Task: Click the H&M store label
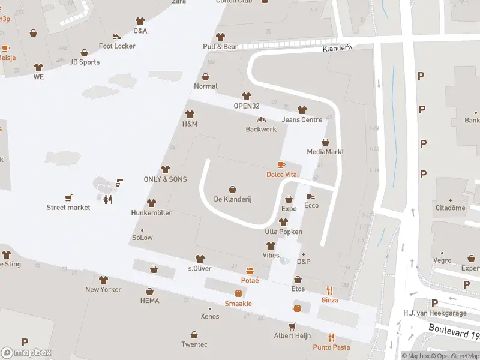190,124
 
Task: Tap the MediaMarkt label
325,152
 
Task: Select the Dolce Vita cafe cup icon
281,164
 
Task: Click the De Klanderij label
232,199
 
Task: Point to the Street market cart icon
68,198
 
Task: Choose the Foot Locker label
117,46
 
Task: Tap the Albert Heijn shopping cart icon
292,326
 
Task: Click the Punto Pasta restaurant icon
331,337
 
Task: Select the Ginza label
329,300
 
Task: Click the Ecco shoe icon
311,196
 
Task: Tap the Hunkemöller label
151,213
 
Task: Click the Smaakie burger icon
238,293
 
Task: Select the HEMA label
149,301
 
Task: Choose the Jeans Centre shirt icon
302,110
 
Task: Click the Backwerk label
261,130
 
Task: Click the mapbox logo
26,353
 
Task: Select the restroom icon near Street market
108,199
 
